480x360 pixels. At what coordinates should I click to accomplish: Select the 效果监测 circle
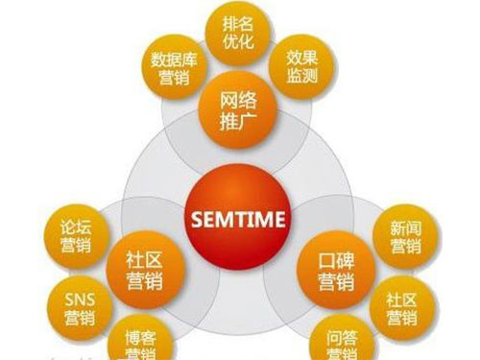coord(303,68)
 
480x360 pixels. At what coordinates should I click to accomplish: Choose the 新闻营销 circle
coord(404,236)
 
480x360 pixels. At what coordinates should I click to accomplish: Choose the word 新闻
coord(404,227)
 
